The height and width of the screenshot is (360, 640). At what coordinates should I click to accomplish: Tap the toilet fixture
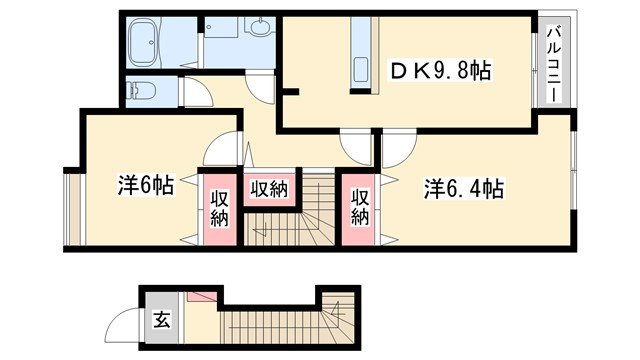point(141,91)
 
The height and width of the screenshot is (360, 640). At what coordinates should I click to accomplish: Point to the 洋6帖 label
point(146,185)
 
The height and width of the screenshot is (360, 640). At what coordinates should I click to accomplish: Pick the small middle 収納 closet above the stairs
point(270,188)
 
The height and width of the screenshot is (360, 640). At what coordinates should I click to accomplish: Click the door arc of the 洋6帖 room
point(220,151)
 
